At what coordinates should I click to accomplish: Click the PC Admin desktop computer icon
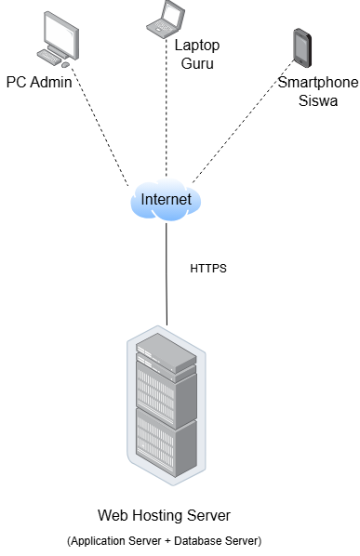(58, 39)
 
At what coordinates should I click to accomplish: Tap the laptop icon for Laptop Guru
(166, 19)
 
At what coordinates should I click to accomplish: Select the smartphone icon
(302, 47)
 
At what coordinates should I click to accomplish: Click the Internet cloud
(166, 200)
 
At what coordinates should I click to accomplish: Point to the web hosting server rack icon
(167, 405)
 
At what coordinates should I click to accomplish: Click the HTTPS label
(208, 269)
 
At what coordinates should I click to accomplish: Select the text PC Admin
(39, 82)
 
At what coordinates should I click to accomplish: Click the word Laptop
(197, 46)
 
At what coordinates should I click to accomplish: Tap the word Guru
(197, 63)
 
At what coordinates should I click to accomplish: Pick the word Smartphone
(318, 82)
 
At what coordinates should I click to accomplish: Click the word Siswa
(318, 100)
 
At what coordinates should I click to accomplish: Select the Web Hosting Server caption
(164, 515)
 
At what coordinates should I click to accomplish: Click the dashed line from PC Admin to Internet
(100, 124)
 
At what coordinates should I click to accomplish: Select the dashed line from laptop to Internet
(166, 108)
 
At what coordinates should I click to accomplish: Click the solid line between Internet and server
(167, 273)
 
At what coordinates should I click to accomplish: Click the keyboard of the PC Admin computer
(49, 57)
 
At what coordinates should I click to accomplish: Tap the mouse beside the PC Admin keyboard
(65, 65)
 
